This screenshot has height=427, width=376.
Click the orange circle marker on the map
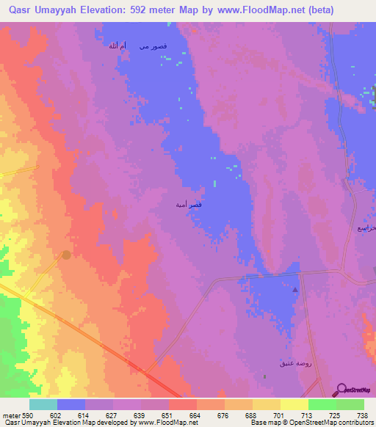point(67,255)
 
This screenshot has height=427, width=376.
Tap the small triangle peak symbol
point(296,290)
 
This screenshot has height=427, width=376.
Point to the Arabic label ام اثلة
point(117,46)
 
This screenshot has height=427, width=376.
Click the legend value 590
point(26,415)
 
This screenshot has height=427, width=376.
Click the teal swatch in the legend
point(43,404)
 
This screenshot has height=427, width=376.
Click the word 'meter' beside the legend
point(10,415)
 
